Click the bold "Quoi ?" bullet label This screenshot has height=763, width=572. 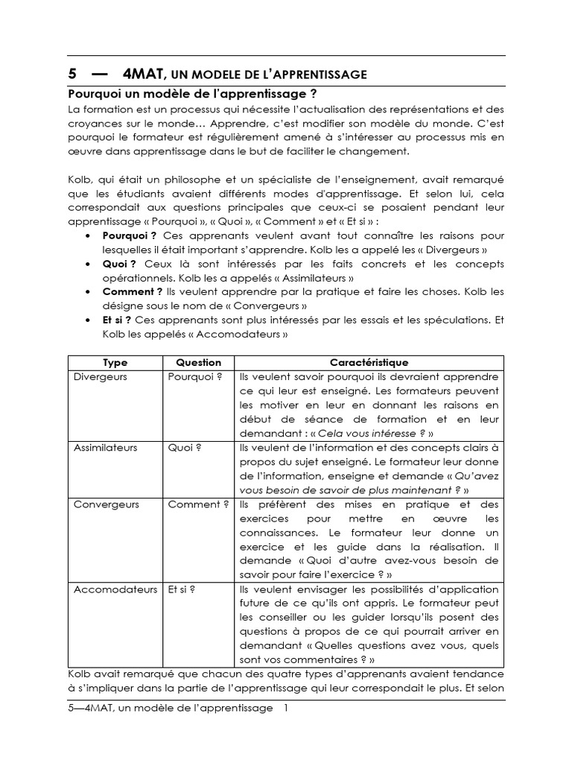(119, 264)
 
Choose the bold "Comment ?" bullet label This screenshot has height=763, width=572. (132, 292)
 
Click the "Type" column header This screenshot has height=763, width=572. (115, 363)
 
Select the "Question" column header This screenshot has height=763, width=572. (198, 363)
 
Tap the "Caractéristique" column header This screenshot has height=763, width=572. (369, 363)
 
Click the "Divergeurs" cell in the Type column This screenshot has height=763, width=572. (101, 377)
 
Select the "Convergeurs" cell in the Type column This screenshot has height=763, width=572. (107, 504)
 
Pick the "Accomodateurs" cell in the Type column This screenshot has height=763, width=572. (115, 589)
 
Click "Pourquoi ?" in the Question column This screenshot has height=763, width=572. (195, 377)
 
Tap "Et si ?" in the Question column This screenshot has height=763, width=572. (183, 589)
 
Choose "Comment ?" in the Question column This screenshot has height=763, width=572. (198, 504)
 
